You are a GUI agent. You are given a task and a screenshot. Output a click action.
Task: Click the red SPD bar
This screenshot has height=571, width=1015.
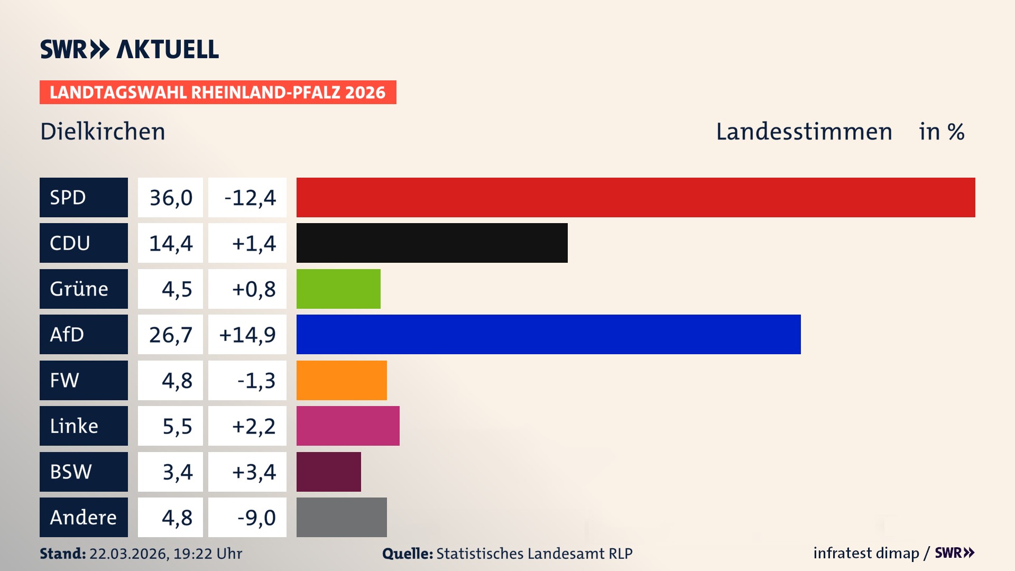(x=635, y=197)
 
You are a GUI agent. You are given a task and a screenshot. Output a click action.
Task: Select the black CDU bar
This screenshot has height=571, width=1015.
(x=432, y=243)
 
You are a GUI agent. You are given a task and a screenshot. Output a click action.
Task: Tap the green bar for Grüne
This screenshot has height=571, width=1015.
(x=338, y=289)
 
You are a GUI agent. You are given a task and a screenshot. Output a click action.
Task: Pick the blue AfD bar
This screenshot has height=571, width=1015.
(x=548, y=334)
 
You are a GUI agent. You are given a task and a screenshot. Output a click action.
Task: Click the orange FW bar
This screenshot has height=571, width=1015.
(x=342, y=380)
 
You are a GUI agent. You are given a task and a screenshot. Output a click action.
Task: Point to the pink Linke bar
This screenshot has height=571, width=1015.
(x=348, y=426)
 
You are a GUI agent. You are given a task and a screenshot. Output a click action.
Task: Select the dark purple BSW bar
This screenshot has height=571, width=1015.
(x=328, y=472)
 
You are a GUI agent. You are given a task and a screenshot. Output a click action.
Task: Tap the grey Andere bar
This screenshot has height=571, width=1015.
(x=342, y=517)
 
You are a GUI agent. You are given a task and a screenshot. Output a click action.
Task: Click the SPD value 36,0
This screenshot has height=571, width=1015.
(x=171, y=198)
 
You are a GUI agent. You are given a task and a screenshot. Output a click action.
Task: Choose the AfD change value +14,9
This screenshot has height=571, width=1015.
(x=247, y=335)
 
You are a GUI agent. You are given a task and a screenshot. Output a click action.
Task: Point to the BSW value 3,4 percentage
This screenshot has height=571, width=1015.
(x=177, y=472)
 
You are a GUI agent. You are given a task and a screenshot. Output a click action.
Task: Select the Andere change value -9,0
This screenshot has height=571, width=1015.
(x=256, y=518)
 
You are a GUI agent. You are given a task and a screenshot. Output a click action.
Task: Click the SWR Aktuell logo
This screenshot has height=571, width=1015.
(x=129, y=49)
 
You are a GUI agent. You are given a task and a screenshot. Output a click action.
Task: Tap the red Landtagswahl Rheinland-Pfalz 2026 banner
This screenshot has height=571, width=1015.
(x=217, y=93)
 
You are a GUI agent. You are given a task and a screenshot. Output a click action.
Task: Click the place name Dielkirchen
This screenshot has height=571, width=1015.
(x=103, y=132)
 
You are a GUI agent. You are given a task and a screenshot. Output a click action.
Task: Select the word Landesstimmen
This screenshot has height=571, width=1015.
(x=804, y=132)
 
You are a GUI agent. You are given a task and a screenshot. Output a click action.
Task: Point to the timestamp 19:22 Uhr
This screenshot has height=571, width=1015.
(x=207, y=554)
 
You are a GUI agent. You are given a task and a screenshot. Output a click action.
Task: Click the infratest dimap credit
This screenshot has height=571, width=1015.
(x=865, y=553)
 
